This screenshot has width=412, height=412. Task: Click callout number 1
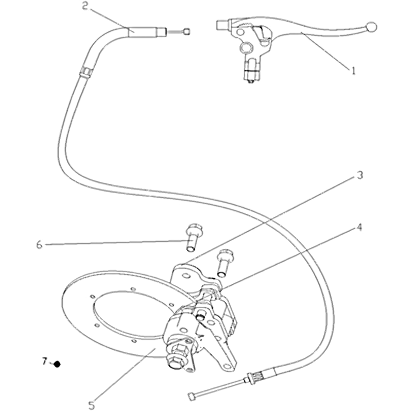click(x=353, y=71)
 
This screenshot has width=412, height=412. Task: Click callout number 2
click(x=84, y=6)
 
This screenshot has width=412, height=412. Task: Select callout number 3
click(x=359, y=175)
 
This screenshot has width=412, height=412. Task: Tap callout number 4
click(x=359, y=227)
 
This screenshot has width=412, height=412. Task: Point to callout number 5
click(x=91, y=405)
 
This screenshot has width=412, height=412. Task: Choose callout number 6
click(x=39, y=245)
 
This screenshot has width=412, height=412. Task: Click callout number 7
click(x=45, y=362)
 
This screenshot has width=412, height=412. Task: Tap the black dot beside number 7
click(x=57, y=364)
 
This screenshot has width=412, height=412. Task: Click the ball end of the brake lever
click(x=371, y=27)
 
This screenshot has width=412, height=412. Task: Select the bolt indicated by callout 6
click(x=193, y=237)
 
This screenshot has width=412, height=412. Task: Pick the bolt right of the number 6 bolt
click(x=224, y=263)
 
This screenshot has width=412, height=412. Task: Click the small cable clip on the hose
click(x=85, y=72)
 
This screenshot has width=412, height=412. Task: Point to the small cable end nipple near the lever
click(x=187, y=31)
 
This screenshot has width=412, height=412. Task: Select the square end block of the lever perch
click(x=222, y=25)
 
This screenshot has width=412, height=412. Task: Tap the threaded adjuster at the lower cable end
click(x=256, y=378)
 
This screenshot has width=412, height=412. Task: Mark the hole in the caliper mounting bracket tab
click(x=185, y=276)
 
